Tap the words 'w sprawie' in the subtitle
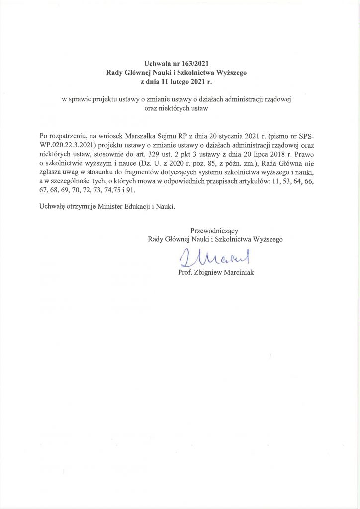[74, 99]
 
